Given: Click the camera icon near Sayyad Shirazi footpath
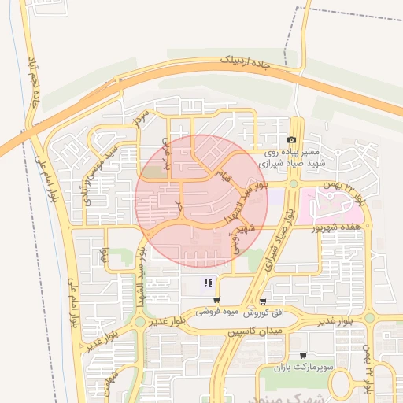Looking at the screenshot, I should tap(291, 139).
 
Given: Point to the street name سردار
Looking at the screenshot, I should tap(141, 118).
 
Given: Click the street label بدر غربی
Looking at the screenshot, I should tap(165, 150).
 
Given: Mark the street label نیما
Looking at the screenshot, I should tap(102, 254).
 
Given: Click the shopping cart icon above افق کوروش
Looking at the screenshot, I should tap(262, 301).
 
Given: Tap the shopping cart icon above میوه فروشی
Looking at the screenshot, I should tap(216, 300).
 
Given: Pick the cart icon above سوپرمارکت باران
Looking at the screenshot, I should tap(303, 356).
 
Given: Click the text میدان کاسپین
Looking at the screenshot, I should tap(255, 333).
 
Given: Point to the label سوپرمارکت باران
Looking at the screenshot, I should tap(305, 368).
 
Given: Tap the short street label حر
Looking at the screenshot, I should tap(179, 205).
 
